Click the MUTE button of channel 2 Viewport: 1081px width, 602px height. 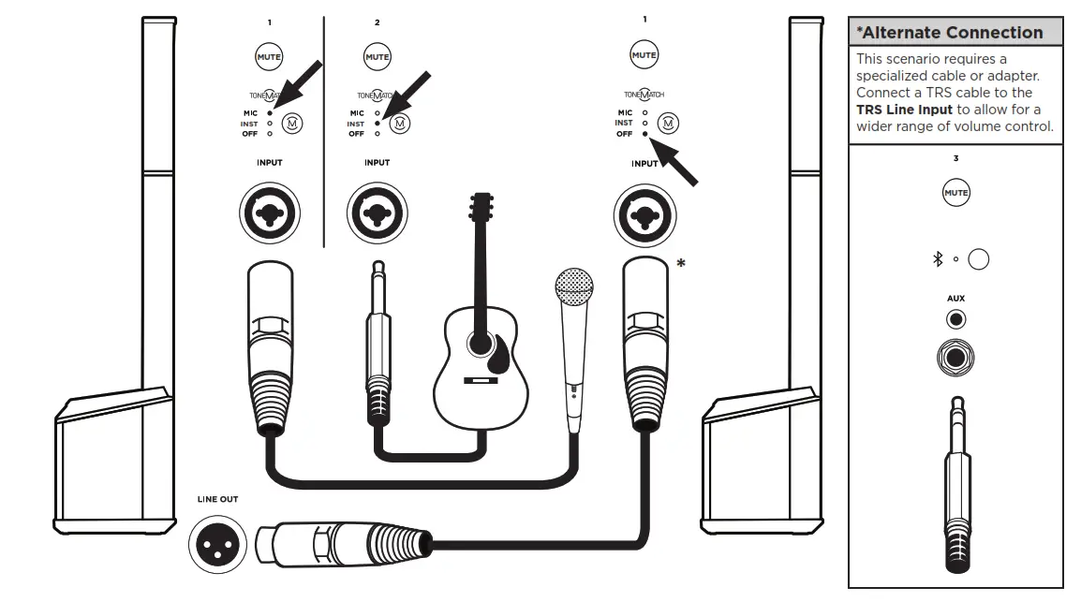(377, 56)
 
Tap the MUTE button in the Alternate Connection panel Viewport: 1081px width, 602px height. (955, 194)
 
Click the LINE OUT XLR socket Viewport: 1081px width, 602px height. (217, 542)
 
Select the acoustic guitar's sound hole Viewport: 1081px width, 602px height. (481, 344)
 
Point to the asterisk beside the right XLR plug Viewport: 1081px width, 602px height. (680, 264)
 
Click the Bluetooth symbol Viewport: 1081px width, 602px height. (938, 259)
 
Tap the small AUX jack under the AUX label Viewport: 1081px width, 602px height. (955, 320)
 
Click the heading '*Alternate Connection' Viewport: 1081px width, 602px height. (949, 33)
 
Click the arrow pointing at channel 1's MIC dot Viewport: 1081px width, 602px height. (298, 85)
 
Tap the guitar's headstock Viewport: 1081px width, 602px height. (481, 205)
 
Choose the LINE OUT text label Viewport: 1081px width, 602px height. (217, 499)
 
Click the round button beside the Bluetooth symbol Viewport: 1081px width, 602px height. (978, 259)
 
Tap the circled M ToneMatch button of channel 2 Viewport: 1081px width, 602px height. (401, 123)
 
